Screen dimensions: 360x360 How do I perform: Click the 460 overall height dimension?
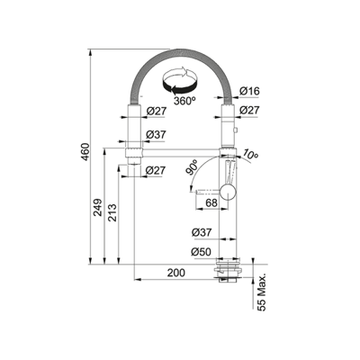click(85, 152)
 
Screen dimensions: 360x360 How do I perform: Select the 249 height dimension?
click(97, 207)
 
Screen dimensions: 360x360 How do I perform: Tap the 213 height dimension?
click(112, 212)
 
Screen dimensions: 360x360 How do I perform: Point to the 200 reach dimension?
click(176, 273)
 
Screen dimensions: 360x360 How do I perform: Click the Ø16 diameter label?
click(249, 91)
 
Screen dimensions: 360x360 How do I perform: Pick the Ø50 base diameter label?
click(201, 252)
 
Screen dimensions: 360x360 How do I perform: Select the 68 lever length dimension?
click(211, 202)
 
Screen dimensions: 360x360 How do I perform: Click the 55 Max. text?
click(262, 292)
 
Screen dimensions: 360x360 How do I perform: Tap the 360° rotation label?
click(184, 101)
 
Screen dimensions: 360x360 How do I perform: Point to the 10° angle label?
click(250, 154)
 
